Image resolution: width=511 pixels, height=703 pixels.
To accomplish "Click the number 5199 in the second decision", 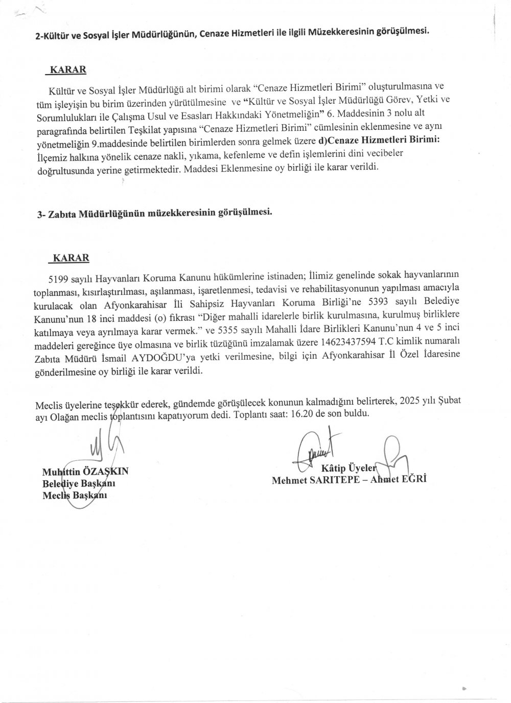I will pyautogui.click(x=56, y=277).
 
